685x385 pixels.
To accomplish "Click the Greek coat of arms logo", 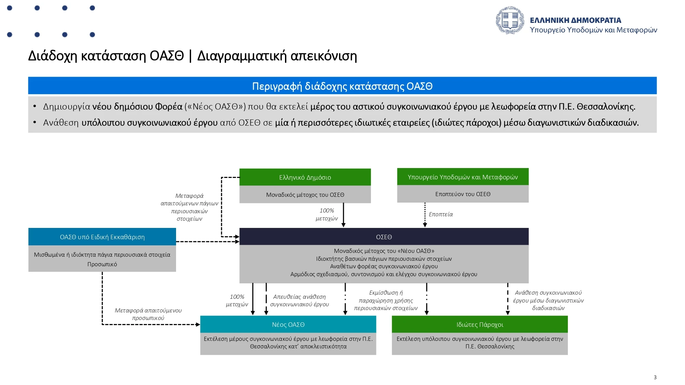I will coord(510,20).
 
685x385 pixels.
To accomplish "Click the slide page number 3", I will coord(655,377).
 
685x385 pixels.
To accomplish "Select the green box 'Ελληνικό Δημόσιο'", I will coord(305,177).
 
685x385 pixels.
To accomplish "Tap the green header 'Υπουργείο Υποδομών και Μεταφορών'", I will coord(462,177).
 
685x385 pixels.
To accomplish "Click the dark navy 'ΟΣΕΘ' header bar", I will coord(384,237).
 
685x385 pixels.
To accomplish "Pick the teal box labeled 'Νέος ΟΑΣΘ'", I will coord(288,324).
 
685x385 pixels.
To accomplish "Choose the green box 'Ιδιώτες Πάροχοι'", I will coord(480,324).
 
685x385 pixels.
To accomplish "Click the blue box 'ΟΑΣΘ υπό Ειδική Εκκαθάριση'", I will coord(102,237).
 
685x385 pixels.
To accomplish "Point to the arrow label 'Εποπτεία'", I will coord(440,214).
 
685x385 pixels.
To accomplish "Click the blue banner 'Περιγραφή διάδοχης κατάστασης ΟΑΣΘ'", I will coord(342,86).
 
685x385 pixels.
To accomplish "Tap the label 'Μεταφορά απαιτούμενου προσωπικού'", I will coord(148,314).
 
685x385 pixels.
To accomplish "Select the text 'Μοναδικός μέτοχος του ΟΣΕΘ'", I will coord(305,195).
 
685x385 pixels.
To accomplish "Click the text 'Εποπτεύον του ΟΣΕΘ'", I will coord(462,194).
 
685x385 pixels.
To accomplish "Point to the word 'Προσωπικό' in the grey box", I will coord(102,264).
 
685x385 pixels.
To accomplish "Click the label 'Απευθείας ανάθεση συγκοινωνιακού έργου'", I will coord(299,300).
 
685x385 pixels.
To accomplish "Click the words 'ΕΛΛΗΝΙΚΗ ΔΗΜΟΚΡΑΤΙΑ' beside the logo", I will coord(575,20).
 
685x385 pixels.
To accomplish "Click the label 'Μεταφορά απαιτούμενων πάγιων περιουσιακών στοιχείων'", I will coord(189,207).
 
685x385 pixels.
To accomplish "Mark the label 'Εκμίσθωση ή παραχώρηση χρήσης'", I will coord(386,297).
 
